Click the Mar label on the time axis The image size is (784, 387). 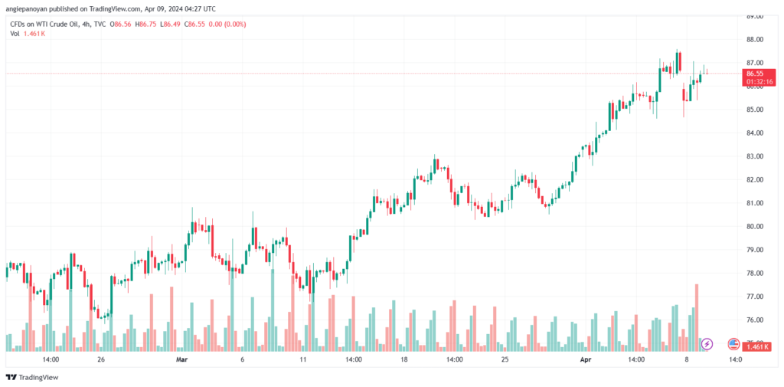tap(181, 359)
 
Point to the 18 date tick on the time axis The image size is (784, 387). tap(404, 359)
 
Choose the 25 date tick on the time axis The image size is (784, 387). tap(505, 359)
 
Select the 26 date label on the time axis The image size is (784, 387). tap(101, 359)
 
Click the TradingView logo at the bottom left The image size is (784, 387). tap(32, 377)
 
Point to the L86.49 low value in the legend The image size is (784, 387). tap(171, 25)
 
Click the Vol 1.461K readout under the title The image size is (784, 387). tap(28, 34)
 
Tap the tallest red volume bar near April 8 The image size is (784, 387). tap(697, 317)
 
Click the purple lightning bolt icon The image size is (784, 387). tap(707, 344)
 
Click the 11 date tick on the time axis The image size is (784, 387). tap(303, 359)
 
